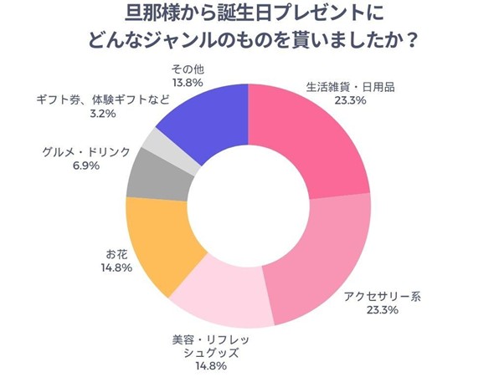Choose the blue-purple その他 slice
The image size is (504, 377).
[x=205, y=113]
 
